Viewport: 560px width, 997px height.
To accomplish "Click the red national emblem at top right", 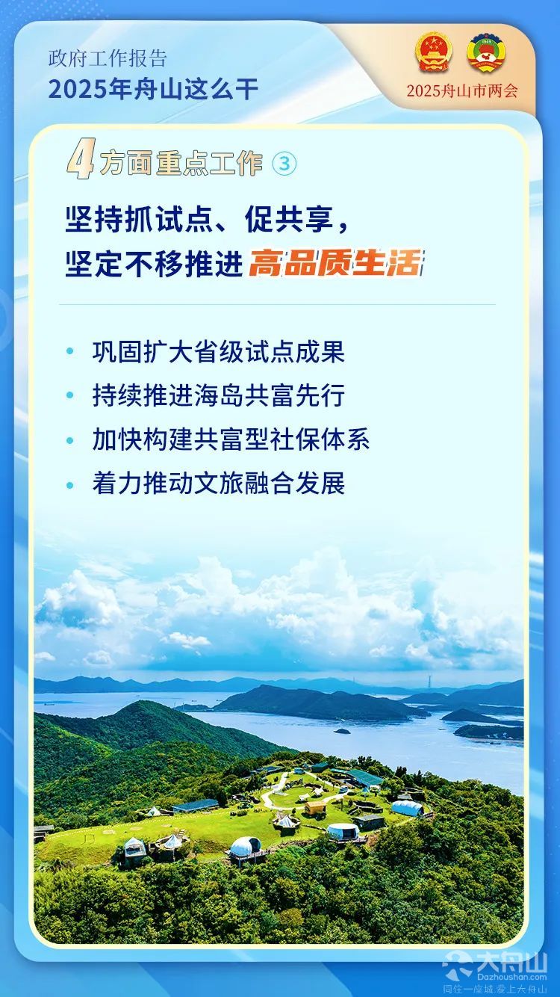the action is (434, 52).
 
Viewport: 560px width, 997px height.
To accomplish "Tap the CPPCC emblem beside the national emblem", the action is (486, 52).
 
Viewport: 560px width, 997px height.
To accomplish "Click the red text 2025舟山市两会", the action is (462, 90).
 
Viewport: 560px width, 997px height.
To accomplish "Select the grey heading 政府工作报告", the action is (108, 59).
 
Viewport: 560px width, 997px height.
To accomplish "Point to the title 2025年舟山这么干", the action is (153, 89).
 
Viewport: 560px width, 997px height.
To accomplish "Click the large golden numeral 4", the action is (81, 159).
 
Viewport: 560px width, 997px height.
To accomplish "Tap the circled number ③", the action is (284, 164).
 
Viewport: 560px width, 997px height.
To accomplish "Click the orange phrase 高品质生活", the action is (335, 263).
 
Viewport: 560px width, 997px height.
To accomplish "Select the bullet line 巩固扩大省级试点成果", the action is (218, 352).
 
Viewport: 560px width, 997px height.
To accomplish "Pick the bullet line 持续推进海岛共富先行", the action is (218, 395).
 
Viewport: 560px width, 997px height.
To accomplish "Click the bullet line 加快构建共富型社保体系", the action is (231, 439).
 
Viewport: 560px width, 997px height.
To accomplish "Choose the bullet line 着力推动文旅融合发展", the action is (218, 484).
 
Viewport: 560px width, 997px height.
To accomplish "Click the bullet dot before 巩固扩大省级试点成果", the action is (70, 351).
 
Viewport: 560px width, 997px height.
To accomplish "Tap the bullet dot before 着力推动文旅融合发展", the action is (70, 484).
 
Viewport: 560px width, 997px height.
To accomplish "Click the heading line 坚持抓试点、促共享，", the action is (208, 219).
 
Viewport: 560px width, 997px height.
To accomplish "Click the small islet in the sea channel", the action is (342, 731).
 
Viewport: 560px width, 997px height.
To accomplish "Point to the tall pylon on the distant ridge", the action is (431, 684).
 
